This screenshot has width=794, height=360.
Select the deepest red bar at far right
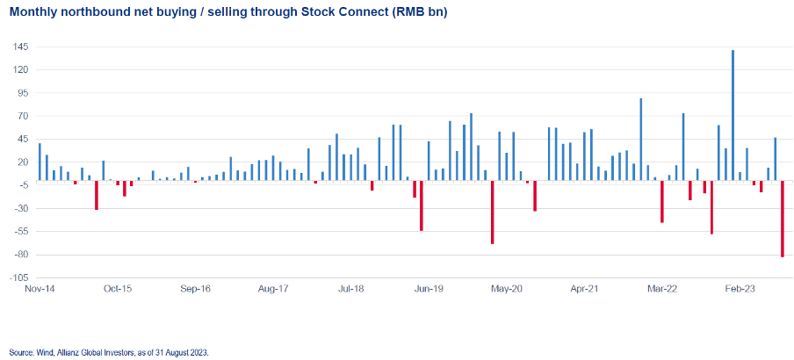click(782, 219)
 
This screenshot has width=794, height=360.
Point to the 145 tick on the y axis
click(18, 46)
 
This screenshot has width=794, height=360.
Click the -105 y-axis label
click(17, 277)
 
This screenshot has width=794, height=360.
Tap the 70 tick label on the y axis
click(21, 116)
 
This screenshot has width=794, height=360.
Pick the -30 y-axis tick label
click(18, 208)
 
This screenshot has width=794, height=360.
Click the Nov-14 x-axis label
click(40, 288)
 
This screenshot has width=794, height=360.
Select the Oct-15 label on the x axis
click(118, 288)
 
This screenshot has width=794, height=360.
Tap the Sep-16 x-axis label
click(195, 288)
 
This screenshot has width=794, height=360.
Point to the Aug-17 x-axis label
click(273, 288)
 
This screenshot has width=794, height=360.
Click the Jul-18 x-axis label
click(351, 288)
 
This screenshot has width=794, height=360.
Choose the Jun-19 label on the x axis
click(429, 288)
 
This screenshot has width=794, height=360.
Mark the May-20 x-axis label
click(507, 288)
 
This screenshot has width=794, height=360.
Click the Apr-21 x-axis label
click(585, 288)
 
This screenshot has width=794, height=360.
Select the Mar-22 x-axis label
click(662, 288)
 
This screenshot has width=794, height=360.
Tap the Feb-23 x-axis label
click(740, 288)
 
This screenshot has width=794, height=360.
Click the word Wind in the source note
click(41, 352)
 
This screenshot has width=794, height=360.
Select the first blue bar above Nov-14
click(40, 162)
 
